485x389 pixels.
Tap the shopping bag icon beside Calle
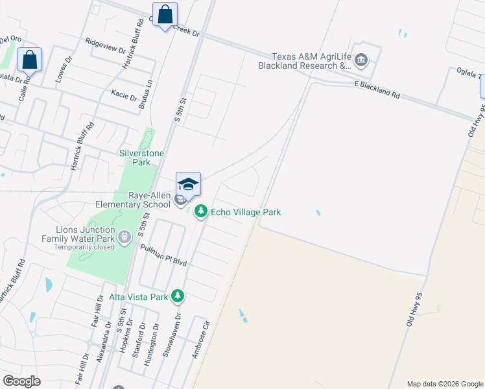click(30, 60)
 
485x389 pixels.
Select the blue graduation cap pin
click(188, 184)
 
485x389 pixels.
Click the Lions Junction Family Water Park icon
click(124, 238)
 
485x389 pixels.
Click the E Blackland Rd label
click(377, 88)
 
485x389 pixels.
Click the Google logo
click(21, 381)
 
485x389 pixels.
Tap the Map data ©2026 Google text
click(445, 384)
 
